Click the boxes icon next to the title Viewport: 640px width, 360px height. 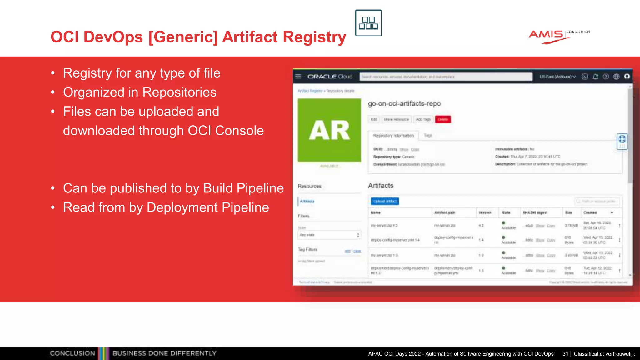coord(368,23)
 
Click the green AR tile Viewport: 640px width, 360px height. coord(329,130)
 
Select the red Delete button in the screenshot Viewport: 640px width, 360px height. coord(443,119)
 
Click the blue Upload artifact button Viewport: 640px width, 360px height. coord(385,201)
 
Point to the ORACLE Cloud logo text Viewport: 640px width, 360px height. coord(330,77)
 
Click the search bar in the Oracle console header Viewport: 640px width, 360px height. coord(446,77)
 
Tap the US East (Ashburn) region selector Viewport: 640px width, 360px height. coord(557,77)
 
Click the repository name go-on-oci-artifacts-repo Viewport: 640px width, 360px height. coord(404,103)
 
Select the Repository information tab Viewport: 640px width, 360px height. coord(393,136)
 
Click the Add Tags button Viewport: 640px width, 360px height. coord(423,119)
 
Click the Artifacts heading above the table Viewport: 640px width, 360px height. coord(381,186)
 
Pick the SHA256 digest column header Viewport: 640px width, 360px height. coord(535,212)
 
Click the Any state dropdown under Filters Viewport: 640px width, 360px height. coord(329,235)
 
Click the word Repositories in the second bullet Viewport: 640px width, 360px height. coord(179,92)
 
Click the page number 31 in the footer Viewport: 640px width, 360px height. coord(565,354)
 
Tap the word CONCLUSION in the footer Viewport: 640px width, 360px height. coord(72,353)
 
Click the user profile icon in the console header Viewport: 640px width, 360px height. coord(627,77)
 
